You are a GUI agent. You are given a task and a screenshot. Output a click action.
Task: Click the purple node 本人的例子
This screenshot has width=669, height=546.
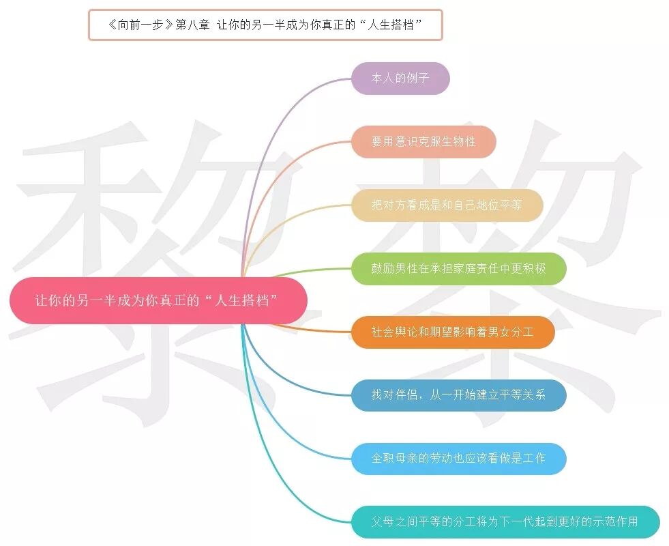400,78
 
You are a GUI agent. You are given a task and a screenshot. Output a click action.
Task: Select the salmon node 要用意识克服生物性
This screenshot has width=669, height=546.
423,142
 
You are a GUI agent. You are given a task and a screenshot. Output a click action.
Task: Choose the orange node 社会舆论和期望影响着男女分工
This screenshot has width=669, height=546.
453,332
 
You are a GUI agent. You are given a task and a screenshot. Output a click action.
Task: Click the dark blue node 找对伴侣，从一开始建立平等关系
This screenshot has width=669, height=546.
459,395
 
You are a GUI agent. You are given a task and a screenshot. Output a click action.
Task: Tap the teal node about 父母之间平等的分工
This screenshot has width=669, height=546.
505,522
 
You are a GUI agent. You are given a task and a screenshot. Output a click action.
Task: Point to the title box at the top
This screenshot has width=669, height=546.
265,25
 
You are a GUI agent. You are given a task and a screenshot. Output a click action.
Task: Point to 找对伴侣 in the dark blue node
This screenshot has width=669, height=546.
393,395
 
